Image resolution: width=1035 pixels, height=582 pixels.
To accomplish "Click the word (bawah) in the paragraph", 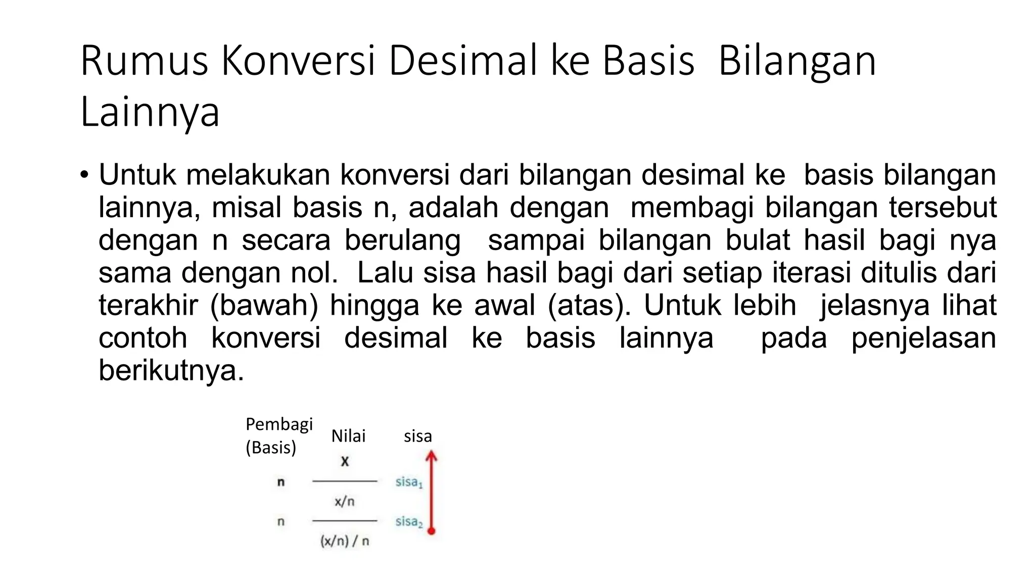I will pyautogui.click(x=264, y=306).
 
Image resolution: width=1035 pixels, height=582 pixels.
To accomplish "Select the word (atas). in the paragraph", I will pyautogui.click(x=589, y=306).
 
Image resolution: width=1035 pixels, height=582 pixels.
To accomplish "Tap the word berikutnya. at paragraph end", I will pyautogui.click(x=171, y=371).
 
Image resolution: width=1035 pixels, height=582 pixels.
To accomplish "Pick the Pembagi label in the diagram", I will pyautogui.click(x=279, y=424).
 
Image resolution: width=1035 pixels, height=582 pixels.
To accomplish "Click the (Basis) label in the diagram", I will pyautogui.click(x=271, y=448).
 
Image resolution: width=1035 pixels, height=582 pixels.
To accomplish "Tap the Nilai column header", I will pyautogui.click(x=348, y=436).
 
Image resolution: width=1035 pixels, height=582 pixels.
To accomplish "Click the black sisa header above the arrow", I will pyautogui.click(x=418, y=436).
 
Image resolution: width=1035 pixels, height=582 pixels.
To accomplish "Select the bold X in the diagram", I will pyautogui.click(x=345, y=461).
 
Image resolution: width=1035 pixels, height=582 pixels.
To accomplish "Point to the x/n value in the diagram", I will pyautogui.click(x=345, y=502).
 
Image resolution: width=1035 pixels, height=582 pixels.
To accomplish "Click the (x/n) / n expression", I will pyautogui.click(x=345, y=541).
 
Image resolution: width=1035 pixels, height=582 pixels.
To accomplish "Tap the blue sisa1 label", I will pyautogui.click(x=409, y=482).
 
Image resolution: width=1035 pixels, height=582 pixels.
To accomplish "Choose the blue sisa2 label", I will pyautogui.click(x=409, y=522).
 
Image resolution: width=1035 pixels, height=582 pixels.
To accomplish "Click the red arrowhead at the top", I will pyautogui.click(x=431, y=456).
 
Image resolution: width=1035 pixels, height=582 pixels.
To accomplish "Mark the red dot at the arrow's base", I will pyautogui.click(x=431, y=530).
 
